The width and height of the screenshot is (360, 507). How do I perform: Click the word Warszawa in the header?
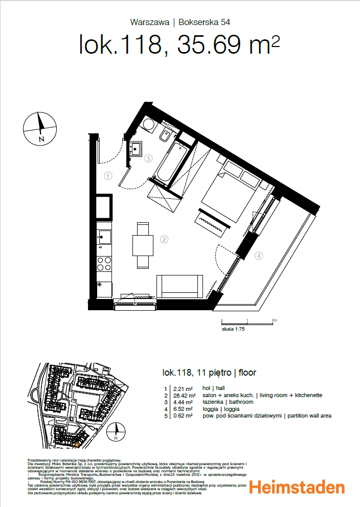(x=150, y=22)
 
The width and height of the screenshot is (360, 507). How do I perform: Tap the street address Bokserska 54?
(x=204, y=22)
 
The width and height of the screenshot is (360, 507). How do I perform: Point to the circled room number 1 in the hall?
(x=108, y=176)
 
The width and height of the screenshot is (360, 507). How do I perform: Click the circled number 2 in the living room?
(x=164, y=239)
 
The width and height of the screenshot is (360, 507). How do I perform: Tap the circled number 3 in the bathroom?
(x=148, y=158)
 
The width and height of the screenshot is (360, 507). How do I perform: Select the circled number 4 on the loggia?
(x=259, y=256)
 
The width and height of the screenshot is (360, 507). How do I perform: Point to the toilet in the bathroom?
(x=166, y=136)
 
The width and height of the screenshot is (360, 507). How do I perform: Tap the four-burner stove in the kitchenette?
(x=105, y=263)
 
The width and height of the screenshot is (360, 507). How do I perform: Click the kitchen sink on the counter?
(x=105, y=236)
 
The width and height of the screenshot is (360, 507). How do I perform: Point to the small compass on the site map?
(x=116, y=432)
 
